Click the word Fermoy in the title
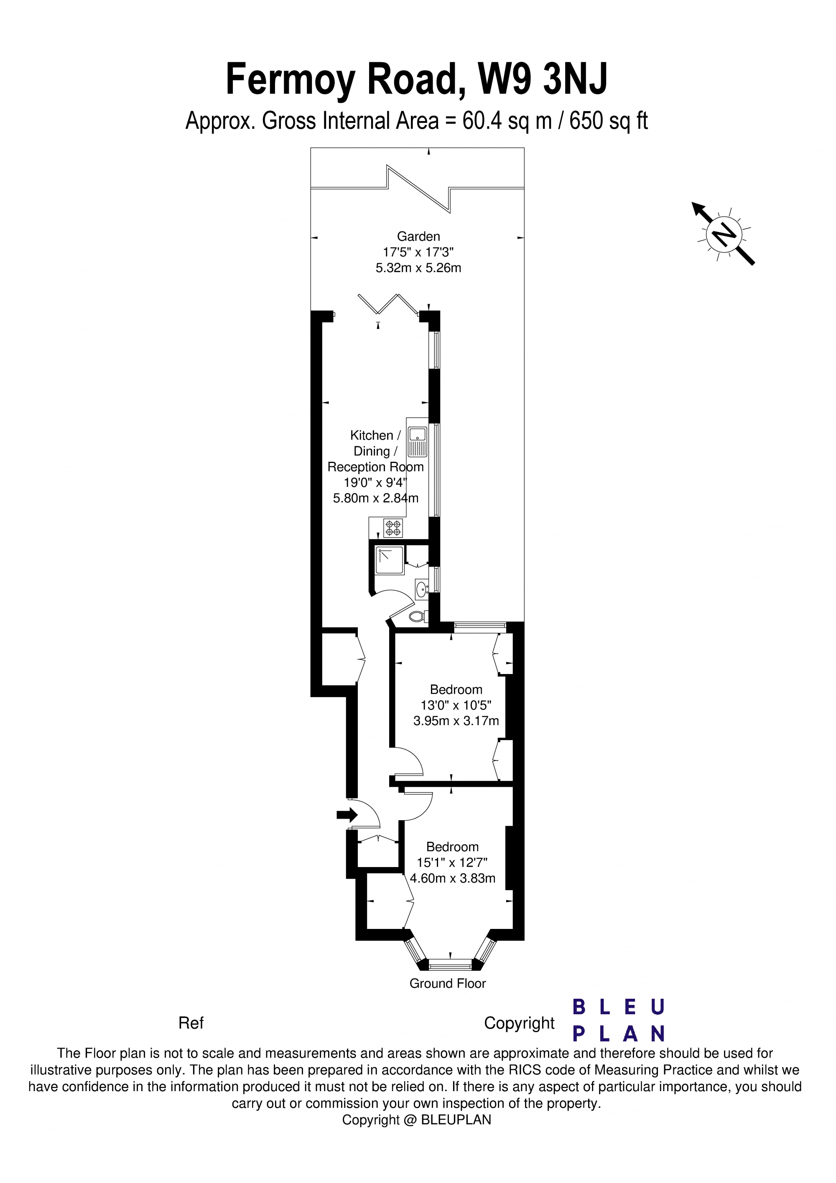pos(290,80)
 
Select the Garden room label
pos(418,237)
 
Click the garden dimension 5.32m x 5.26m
pos(418,268)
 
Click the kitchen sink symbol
pos(418,442)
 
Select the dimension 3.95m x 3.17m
pos(456,721)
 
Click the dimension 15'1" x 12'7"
pos(452,862)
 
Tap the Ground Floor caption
pos(447,983)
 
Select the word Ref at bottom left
pos(191,1023)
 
